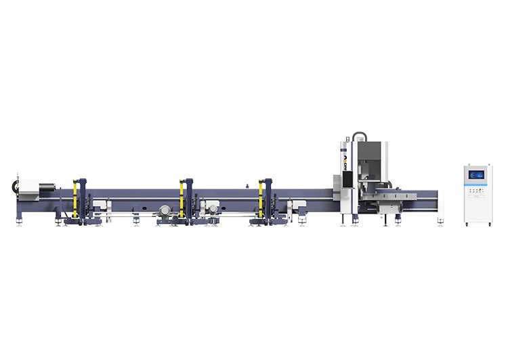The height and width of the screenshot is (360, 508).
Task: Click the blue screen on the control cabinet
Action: (475, 175)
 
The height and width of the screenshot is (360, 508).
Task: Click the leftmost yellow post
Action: (76, 198)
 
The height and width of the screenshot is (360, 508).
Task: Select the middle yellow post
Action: (182, 198)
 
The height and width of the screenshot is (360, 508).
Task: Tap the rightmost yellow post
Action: (261, 198)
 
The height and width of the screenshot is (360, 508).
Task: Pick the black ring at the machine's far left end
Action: (13, 185)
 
